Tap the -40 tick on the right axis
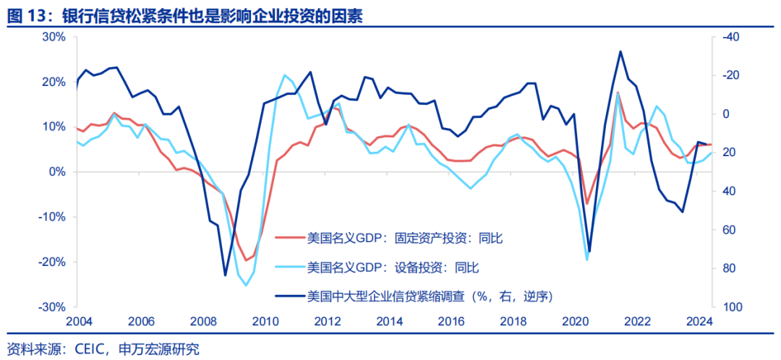[728, 37]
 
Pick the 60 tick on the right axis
[726, 230]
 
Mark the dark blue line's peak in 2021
[620, 51]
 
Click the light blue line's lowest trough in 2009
[247, 286]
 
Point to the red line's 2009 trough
[246, 260]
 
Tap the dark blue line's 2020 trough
[589, 252]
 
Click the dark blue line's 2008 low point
[225, 275]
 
